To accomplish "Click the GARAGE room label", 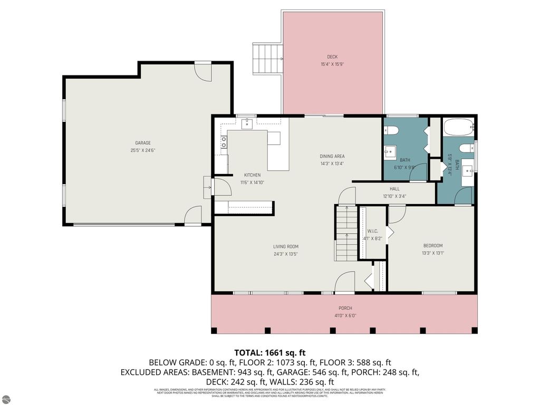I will (142, 143).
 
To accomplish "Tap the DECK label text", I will (332, 57).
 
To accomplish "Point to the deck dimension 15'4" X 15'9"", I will (332, 64).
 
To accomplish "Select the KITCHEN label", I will (252, 175).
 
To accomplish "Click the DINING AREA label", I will (332, 156).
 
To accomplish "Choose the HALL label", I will (394, 189).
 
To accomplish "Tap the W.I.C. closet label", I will (372, 230).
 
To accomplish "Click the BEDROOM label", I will (433, 245).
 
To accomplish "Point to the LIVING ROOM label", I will (286, 246).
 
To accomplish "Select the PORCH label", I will (345, 308).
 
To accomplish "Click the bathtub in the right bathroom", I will (458, 128).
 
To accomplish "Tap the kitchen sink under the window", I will (247, 124).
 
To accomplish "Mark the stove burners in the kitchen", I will (224, 141).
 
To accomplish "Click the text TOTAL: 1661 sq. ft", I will (270, 352).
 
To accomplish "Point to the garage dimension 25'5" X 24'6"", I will (142, 150).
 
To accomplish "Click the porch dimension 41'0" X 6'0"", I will (345, 315).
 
